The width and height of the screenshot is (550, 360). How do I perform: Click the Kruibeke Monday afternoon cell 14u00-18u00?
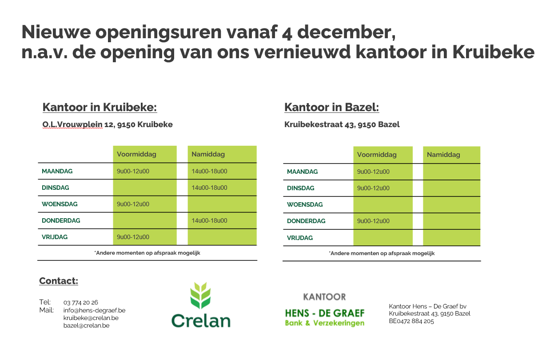click(209, 171)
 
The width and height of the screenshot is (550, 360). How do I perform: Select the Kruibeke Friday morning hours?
click(133, 237)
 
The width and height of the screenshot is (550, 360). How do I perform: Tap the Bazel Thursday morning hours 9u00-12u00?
click(373, 221)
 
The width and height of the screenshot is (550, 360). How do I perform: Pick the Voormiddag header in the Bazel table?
click(377, 155)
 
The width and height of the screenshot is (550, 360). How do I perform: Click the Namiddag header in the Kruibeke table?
click(208, 154)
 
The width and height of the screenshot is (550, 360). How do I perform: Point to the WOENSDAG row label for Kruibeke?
click(60, 204)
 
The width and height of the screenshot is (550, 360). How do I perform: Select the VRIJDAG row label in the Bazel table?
click(300, 238)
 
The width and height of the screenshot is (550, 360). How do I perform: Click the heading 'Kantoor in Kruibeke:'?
click(100, 107)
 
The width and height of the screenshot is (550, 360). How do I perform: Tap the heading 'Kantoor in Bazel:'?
click(332, 107)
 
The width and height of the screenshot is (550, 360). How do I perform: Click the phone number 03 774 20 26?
click(80, 302)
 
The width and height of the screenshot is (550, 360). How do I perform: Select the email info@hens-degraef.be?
click(94, 310)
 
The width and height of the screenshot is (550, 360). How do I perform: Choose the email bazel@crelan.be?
click(86, 325)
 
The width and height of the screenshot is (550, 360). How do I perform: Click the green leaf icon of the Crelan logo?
click(200, 296)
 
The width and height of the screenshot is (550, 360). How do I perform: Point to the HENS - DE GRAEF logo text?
click(325, 313)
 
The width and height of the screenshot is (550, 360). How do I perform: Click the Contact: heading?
click(59, 281)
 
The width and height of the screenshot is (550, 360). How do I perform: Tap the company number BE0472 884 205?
click(411, 321)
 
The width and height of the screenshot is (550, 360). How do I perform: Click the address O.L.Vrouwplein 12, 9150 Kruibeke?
click(108, 124)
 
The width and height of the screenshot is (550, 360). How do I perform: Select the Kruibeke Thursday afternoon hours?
click(209, 220)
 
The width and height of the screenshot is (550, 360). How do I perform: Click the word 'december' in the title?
click(347, 32)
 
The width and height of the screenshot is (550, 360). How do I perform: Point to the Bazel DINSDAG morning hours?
click(373, 188)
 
